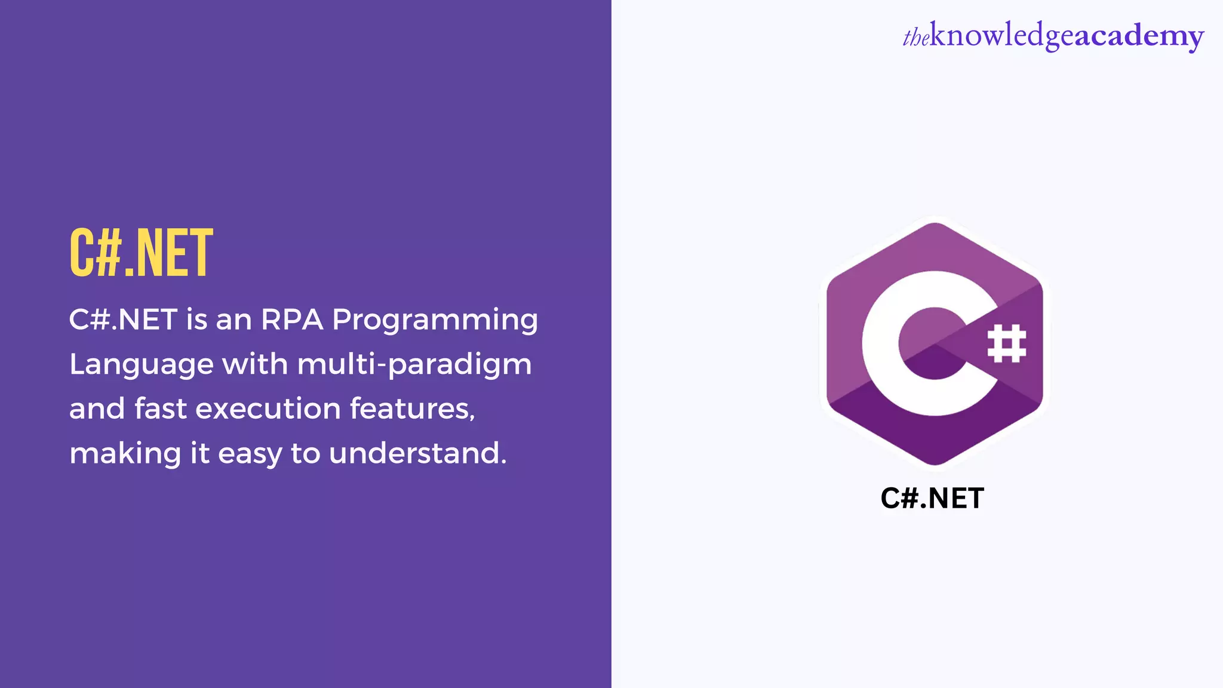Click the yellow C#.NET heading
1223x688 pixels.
click(x=141, y=253)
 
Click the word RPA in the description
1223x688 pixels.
click(x=292, y=320)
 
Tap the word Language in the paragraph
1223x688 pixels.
click(x=142, y=365)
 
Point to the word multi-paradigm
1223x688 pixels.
click(x=414, y=365)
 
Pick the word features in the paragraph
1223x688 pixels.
click(x=412, y=409)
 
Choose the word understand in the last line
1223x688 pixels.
click(x=417, y=453)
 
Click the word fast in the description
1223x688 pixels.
click(x=161, y=409)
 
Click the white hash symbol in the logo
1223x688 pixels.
click(x=1007, y=343)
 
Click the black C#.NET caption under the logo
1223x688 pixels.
click(x=932, y=499)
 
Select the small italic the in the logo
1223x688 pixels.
click(x=915, y=38)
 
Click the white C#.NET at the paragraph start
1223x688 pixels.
click(x=123, y=320)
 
